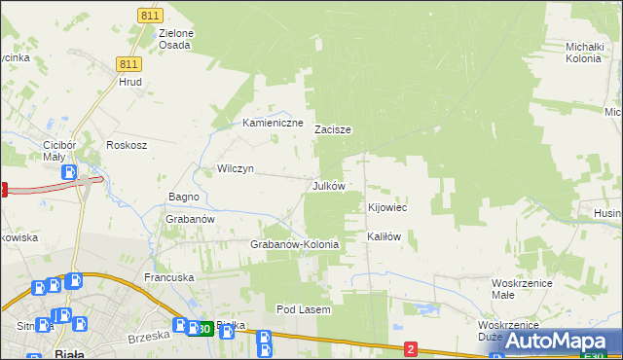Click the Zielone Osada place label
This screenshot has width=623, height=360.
[x=176, y=39]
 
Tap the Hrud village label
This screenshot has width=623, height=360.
[x=130, y=83]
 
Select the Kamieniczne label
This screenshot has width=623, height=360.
[x=274, y=124]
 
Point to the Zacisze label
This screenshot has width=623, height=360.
[x=333, y=129]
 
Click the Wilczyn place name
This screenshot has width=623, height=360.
[x=236, y=168]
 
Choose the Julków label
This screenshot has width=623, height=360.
[x=328, y=185]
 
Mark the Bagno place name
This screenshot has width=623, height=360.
[x=184, y=197]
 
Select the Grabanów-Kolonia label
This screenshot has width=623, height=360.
[x=295, y=244]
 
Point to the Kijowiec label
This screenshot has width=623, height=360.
[x=386, y=208]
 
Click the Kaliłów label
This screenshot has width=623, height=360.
[x=384, y=236]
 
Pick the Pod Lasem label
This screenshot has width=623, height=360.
[x=304, y=309]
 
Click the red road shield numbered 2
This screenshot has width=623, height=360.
[x=411, y=348]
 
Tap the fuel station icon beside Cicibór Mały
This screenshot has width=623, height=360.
[x=70, y=172]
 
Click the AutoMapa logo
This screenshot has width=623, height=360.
[x=560, y=341]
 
